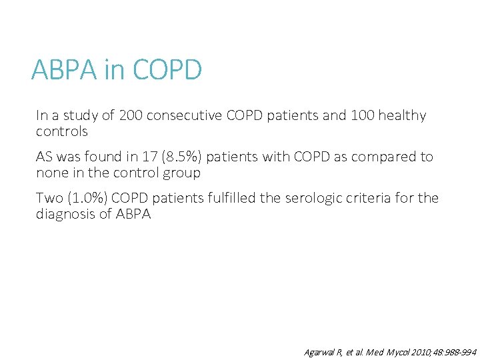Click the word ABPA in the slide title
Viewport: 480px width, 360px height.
click(65, 69)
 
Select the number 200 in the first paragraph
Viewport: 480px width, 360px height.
click(131, 115)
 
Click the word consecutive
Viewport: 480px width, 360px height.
click(184, 115)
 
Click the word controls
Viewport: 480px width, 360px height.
click(62, 131)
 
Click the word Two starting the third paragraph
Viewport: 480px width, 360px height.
click(49, 198)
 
